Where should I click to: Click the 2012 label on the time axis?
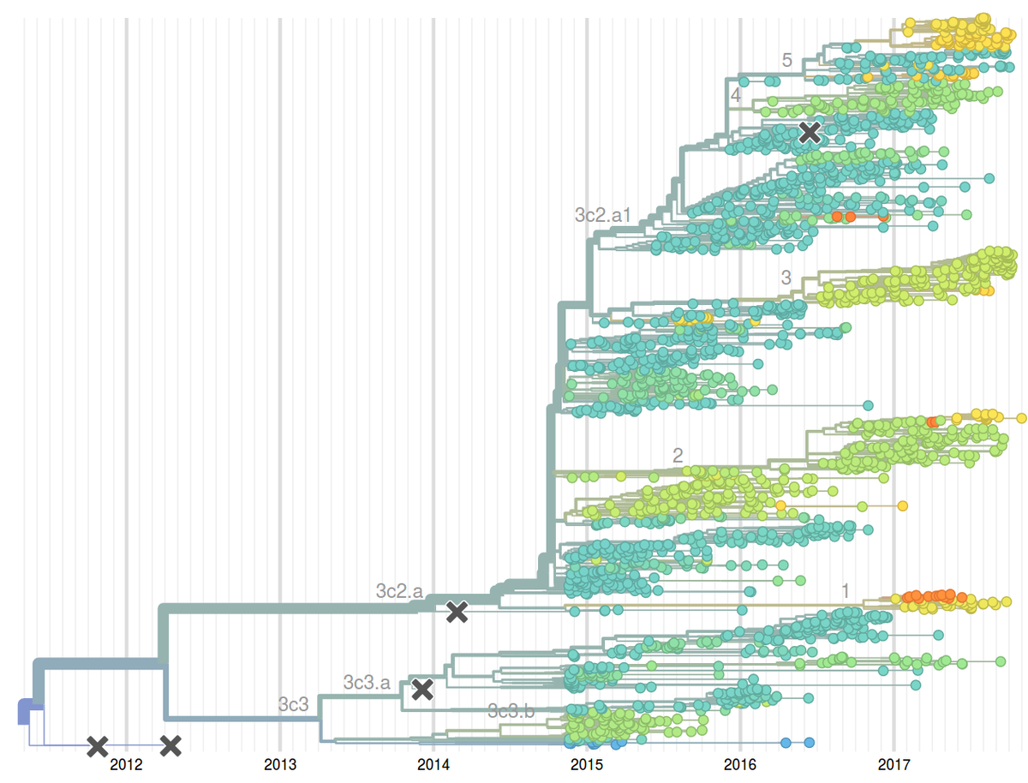126,764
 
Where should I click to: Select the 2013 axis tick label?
279,764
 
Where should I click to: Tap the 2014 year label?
433,764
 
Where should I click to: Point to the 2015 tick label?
586,764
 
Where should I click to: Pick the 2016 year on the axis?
739,764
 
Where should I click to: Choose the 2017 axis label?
894,764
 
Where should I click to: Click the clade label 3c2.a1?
602,215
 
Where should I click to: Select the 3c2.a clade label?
399,590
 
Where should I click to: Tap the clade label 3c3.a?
367,683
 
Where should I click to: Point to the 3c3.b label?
511,710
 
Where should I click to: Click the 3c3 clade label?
293,704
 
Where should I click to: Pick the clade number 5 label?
786,60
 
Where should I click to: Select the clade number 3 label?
786,278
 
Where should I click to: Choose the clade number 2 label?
678,456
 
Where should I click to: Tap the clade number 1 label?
845,590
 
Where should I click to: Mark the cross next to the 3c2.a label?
457,611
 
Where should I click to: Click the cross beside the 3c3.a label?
421,689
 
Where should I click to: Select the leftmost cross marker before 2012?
98,746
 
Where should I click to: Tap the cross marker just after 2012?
171,746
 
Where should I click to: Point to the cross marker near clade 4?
810,132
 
